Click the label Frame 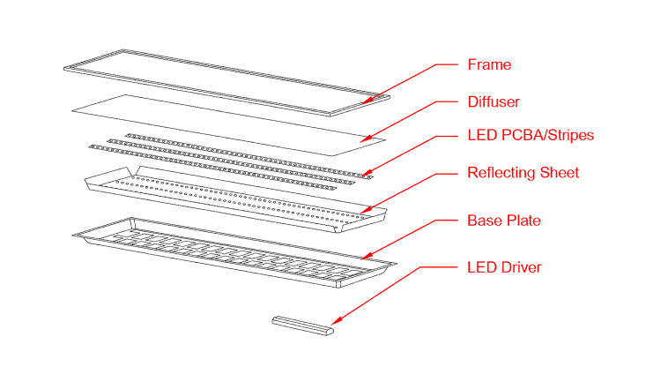coord(488,64)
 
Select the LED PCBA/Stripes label coord(530,135)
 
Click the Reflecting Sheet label coord(523,172)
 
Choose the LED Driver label coord(502,266)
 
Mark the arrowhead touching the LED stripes coord(369,172)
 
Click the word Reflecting coord(500,172)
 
